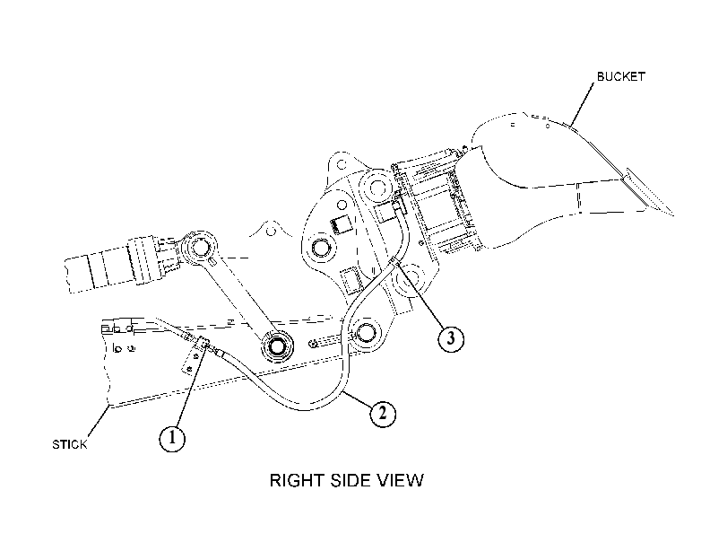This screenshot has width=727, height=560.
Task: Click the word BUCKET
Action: (x=621, y=76)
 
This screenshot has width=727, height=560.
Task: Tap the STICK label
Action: (x=70, y=445)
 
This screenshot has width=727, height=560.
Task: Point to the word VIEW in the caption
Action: (x=402, y=480)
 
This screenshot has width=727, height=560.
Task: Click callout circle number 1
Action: (x=172, y=438)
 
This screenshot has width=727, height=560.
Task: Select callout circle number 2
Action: (x=383, y=413)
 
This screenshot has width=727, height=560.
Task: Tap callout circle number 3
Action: (x=451, y=338)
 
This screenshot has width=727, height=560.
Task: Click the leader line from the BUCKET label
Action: (x=582, y=104)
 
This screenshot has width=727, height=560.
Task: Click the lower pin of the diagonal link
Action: (x=277, y=346)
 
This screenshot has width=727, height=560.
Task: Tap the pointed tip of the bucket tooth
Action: (x=673, y=215)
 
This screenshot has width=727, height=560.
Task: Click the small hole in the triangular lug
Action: (x=273, y=231)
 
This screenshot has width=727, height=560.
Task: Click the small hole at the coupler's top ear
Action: (x=342, y=164)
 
